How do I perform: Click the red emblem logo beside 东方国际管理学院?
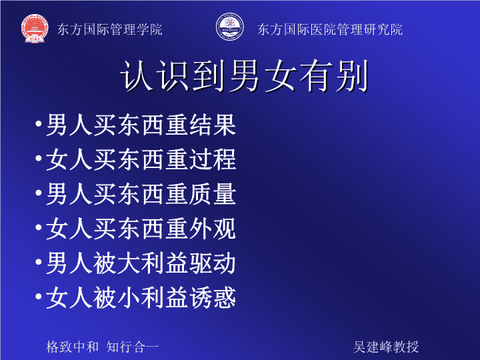pos(35,29)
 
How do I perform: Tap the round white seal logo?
pos(229,27)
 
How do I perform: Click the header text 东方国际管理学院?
pos(109,29)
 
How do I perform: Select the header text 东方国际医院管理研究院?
pos(330,29)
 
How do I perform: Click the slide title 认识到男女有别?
pos(244,75)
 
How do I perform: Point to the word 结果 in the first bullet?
pos(213,125)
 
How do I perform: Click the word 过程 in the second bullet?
pos(213,159)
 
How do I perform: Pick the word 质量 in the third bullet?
pos(213,194)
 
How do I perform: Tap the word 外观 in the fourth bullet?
pos(213,229)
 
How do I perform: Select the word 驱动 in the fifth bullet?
pos(213,263)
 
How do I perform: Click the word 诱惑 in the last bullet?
pos(213,297)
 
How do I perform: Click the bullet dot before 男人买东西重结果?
pos(39,124)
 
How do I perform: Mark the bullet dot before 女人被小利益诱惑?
pos(39,296)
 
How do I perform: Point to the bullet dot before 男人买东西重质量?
pos(39,193)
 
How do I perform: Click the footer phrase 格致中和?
pos(72,347)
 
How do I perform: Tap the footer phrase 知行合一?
pos(132,347)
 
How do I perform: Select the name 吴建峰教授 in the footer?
pos(386,347)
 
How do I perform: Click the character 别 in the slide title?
pos(352,75)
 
